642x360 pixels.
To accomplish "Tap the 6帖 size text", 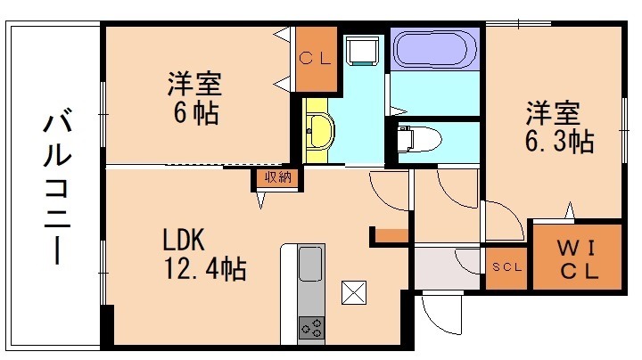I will click(x=195, y=114).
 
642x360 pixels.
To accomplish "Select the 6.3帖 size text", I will click(x=558, y=141).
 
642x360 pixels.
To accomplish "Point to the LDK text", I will click(x=184, y=241).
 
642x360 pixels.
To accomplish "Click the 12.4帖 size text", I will click(x=204, y=267).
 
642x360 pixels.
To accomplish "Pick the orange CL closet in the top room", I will click(x=317, y=60).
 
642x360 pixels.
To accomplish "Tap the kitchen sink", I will click(x=311, y=265).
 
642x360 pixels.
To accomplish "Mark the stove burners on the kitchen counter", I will click(x=311, y=327).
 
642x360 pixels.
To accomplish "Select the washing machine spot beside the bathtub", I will click(x=363, y=49).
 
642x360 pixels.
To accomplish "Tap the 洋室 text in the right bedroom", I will click(x=552, y=115).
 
